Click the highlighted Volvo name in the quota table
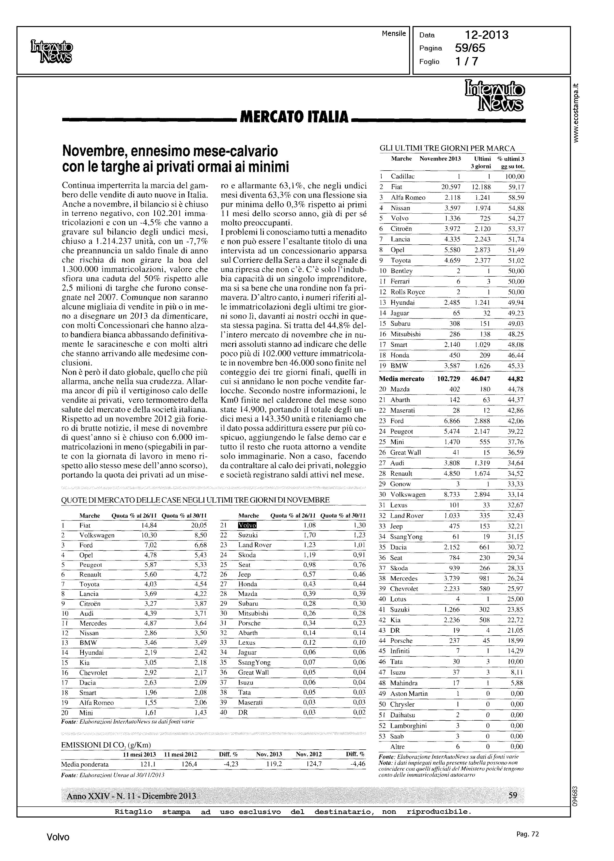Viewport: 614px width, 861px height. coord(247,525)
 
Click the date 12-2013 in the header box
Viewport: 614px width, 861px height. coord(486,35)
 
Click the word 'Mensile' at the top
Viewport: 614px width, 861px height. coord(394,34)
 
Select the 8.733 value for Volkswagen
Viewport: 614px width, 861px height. coord(451,494)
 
